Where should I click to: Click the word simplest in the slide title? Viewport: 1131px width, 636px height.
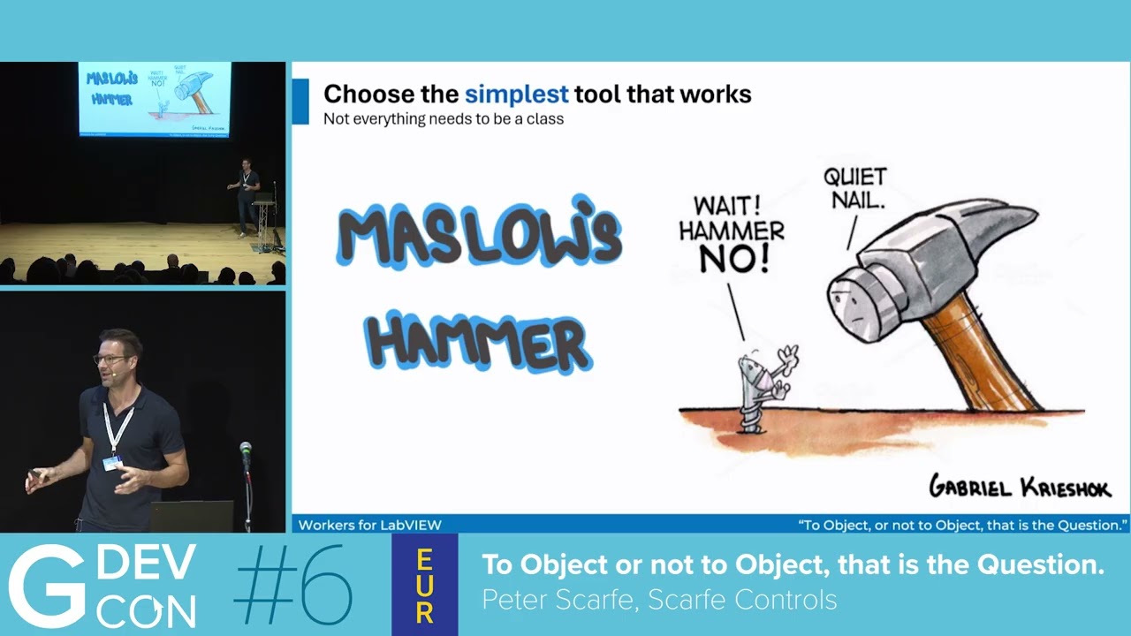pyautogui.click(x=517, y=95)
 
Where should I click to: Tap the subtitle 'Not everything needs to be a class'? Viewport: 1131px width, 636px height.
pyautogui.click(x=443, y=118)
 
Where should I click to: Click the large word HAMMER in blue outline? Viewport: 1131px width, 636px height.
pyautogui.click(x=478, y=341)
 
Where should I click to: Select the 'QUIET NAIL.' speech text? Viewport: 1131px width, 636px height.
pyautogui.click(x=854, y=188)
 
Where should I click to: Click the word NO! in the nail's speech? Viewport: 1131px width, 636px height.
pyautogui.click(x=734, y=259)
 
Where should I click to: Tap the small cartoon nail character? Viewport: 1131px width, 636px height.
pyautogui.click(x=758, y=389)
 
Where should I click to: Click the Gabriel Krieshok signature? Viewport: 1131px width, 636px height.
pyautogui.click(x=1019, y=487)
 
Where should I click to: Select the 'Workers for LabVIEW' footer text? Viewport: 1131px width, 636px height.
pyautogui.click(x=370, y=525)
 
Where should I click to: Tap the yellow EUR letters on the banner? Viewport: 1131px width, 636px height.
pyautogui.click(x=424, y=586)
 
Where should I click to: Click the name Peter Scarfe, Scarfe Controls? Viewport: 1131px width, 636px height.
pyautogui.click(x=658, y=601)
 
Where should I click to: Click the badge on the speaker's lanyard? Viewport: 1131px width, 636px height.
pyautogui.click(x=112, y=463)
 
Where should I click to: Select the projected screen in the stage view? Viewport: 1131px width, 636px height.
pyautogui.click(x=155, y=98)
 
